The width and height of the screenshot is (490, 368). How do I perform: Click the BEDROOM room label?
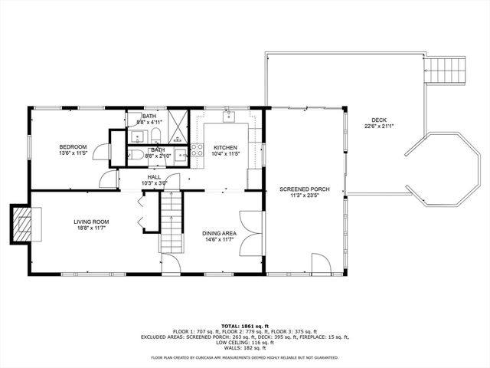(73, 146)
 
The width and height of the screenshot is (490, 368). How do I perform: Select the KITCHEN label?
(225, 147)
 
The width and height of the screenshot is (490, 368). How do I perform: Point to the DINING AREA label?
(218, 232)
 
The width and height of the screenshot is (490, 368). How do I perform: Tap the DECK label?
(379, 120)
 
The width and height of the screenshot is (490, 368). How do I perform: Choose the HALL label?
(154, 177)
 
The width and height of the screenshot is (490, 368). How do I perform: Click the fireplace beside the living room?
(23, 225)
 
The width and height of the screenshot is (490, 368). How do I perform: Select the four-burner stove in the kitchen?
(196, 150)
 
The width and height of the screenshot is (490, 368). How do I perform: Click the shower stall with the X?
(178, 127)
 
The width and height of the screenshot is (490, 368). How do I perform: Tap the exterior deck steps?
(446, 71)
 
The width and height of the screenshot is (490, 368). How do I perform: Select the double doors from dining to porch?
(251, 235)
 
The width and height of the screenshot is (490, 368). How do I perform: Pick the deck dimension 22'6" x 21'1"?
(379, 127)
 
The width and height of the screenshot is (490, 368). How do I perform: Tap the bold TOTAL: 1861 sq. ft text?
(244, 325)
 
